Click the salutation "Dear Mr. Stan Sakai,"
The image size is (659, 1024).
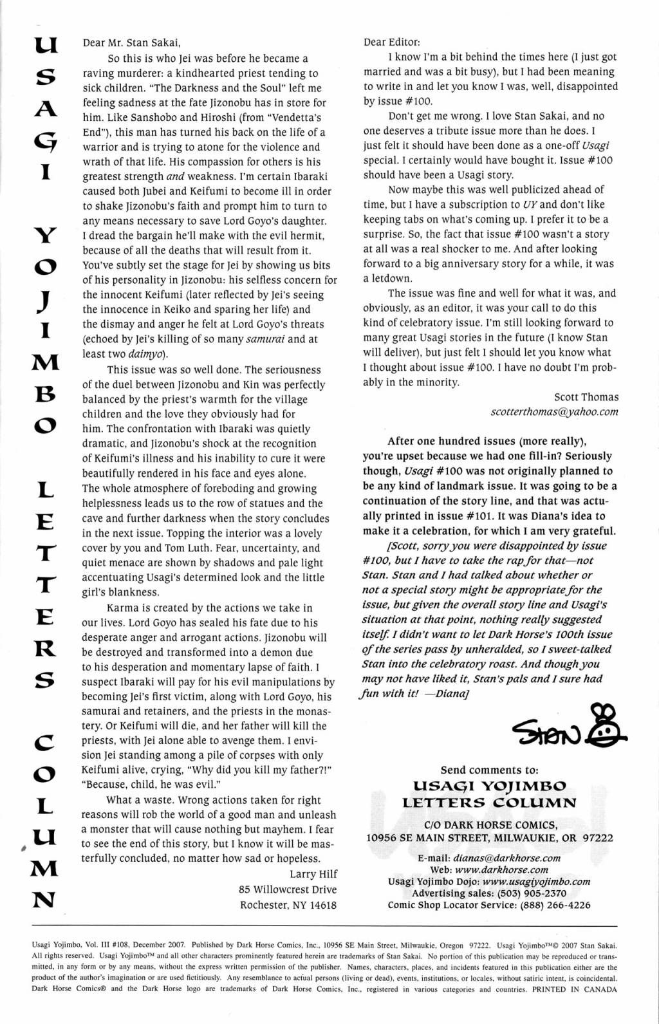(x=132, y=44)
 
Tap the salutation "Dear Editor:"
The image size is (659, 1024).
(x=391, y=42)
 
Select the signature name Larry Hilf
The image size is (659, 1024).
(x=313, y=873)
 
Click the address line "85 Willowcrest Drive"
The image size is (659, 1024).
(x=287, y=889)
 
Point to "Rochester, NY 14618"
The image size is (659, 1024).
(x=288, y=904)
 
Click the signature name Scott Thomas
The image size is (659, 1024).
(x=586, y=397)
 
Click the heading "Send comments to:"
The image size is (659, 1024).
(x=489, y=770)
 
